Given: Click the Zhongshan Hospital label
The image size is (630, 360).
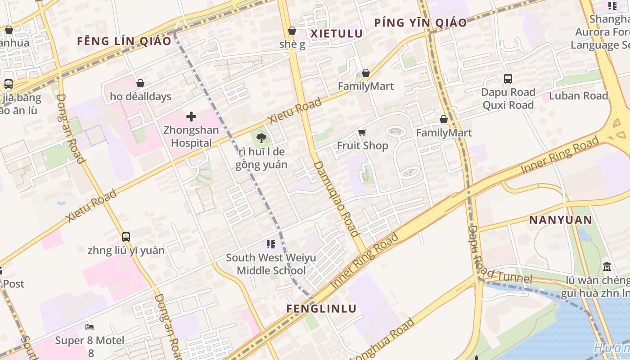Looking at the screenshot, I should pos(191,137).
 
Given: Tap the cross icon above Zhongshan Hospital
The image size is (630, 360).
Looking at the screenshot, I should pos(191,117).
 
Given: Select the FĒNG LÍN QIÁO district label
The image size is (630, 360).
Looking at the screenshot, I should pos(124,41).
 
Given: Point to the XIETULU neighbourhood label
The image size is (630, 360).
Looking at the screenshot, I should pos(337,33).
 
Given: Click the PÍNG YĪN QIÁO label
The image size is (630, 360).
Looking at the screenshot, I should pos(420,22).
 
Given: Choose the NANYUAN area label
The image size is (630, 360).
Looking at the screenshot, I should pos(560,220).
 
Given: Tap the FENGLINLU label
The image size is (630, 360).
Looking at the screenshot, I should pos(322,309).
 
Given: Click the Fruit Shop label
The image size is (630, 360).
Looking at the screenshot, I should pos(362,146).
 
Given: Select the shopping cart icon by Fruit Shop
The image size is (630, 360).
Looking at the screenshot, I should pos(362,132).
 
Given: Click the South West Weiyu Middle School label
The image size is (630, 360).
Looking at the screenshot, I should pos(271,264).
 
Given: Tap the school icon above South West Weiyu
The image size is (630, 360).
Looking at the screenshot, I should pos(270,244).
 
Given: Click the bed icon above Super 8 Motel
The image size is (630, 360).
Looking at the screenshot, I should pos(90,326).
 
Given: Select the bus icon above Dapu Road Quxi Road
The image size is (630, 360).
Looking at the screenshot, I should pos(508,79).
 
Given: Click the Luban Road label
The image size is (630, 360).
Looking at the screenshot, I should pos(578,96).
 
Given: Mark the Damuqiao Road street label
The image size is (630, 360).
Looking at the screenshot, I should pos(336,198).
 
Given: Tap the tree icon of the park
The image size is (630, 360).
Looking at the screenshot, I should pos(261,138).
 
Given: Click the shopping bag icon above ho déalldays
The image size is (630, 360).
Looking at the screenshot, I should pos(140,83).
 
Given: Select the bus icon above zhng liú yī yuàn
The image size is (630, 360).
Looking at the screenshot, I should pos(126,237).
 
